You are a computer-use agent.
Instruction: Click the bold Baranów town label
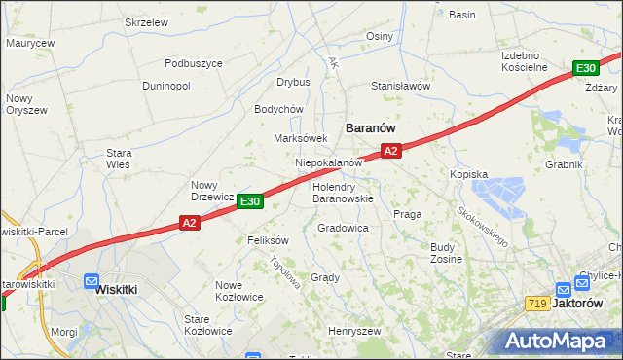(370, 127)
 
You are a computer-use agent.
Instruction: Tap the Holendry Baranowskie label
(343, 192)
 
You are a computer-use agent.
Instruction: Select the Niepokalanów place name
(328, 162)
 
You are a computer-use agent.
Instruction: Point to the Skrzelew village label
(147, 21)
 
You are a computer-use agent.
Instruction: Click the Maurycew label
(29, 43)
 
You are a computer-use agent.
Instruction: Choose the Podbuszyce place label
(194, 63)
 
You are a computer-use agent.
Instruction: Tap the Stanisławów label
(399, 86)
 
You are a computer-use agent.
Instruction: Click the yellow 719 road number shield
(536, 304)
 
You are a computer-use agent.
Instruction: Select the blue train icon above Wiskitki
(92, 281)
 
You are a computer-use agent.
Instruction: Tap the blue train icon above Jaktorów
(563, 289)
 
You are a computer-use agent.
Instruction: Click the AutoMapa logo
(559, 342)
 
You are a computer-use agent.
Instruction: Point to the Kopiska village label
(468, 174)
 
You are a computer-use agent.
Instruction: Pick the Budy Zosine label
(447, 253)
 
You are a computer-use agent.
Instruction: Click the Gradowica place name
(343, 228)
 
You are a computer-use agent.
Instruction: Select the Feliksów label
(269, 239)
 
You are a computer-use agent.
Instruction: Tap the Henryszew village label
(353, 331)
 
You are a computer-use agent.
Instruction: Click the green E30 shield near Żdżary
(585, 68)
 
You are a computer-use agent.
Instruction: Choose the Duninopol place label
(165, 87)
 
